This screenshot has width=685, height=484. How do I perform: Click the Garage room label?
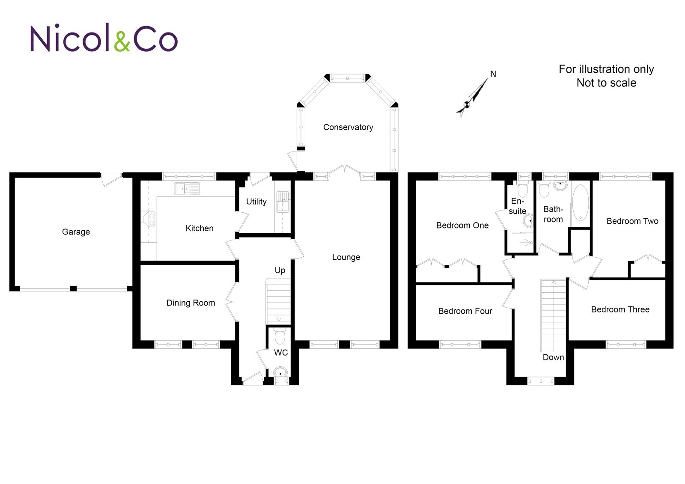click(76, 232)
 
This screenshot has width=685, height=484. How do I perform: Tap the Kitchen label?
click(200, 229)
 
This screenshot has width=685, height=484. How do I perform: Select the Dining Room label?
click(191, 303)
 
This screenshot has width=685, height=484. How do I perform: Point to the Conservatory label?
click(348, 127)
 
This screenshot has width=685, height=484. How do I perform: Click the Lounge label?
click(346, 257)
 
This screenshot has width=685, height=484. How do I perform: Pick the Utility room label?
click(256, 202)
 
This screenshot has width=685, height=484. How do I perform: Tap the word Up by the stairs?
click(280, 270)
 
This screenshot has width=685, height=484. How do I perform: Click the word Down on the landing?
click(553, 357)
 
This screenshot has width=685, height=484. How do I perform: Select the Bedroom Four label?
click(465, 311)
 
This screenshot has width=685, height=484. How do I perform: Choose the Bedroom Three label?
click(620, 309)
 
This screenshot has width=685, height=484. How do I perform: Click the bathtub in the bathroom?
click(581, 202)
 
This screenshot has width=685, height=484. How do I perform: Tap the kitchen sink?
click(187, 188)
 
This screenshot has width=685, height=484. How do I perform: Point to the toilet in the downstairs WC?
click(280, 336)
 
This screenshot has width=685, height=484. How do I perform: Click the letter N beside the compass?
click(493, 74)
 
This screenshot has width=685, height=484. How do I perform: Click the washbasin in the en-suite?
click(529, 221)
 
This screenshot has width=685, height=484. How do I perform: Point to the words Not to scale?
click(606, 83)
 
